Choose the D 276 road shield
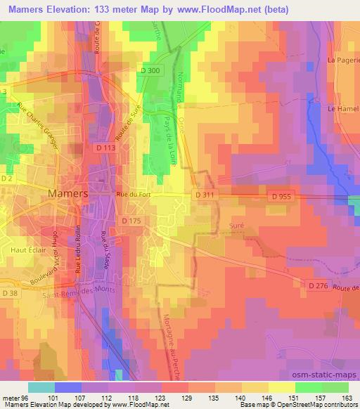(319, 284)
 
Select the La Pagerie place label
(343, 70)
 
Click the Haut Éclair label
(27, 249)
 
